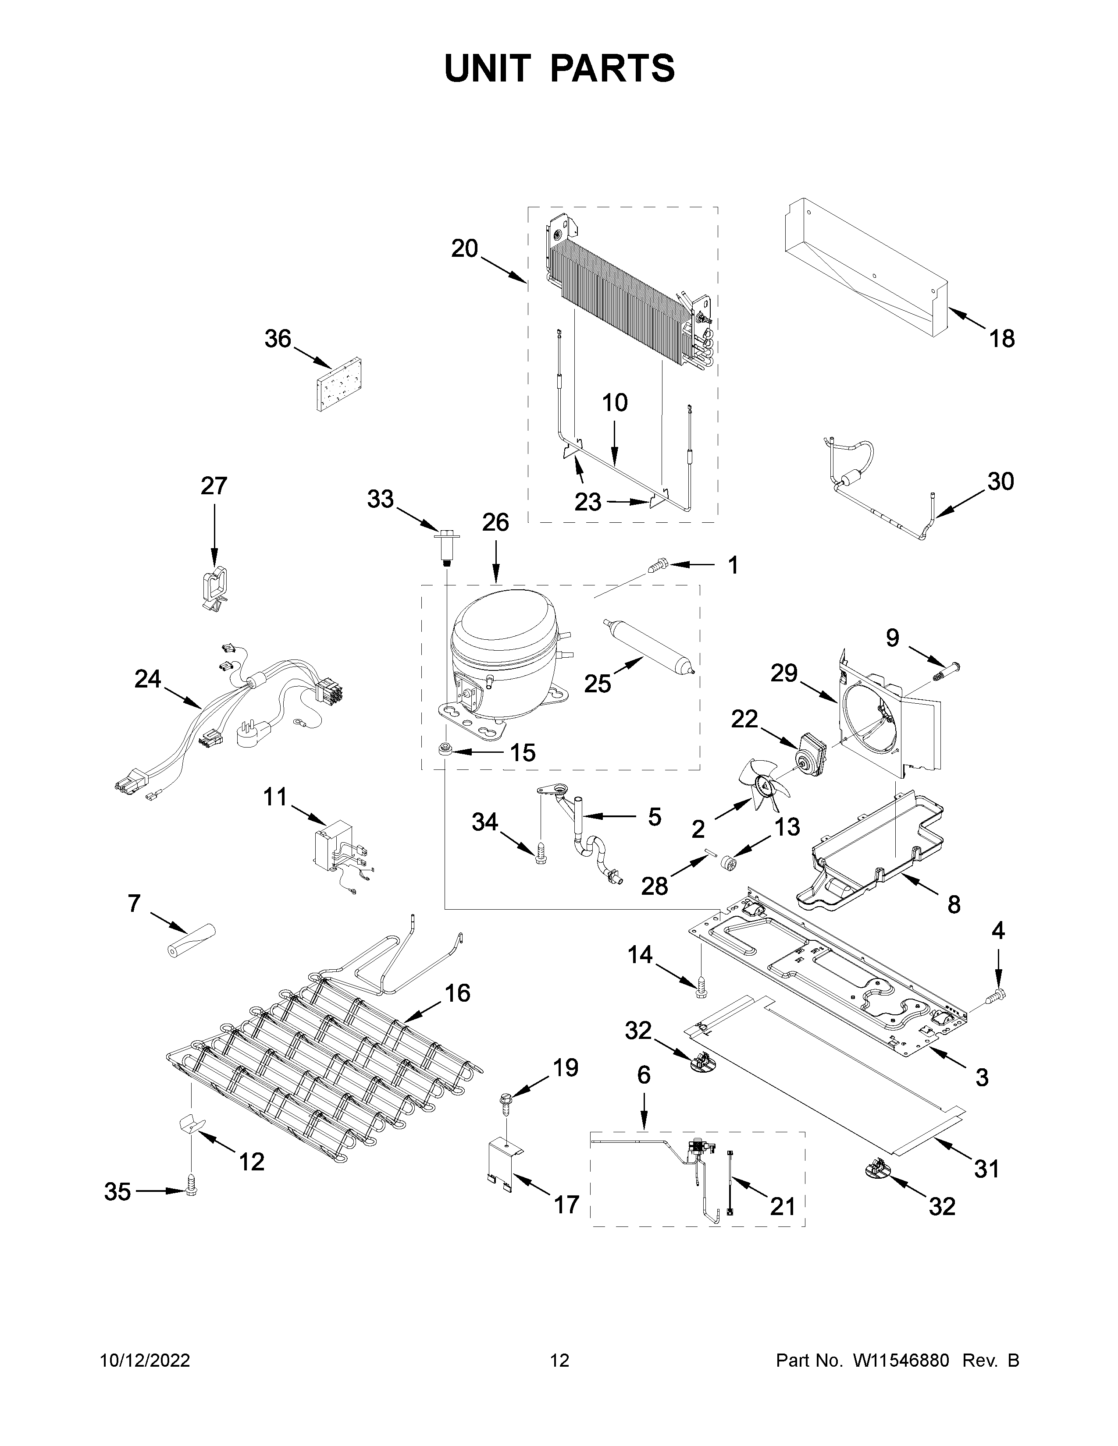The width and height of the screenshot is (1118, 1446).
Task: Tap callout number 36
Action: point(278,339)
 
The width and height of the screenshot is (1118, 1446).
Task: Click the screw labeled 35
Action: point(192,1189)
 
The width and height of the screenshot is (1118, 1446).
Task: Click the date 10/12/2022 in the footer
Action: point(145,1361)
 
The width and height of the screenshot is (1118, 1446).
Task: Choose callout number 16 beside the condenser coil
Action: point(457,1012)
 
